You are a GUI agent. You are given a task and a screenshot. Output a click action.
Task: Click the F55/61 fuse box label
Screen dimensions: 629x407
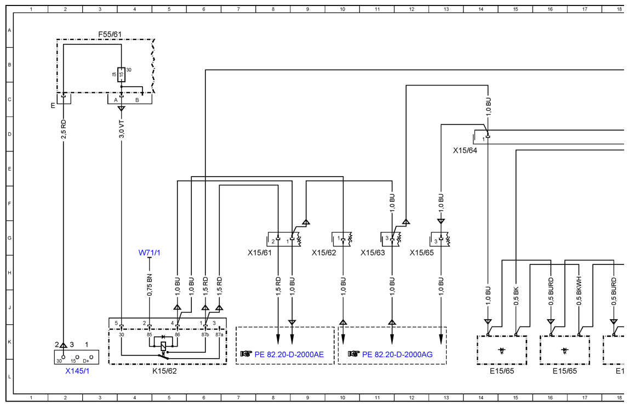point(110,35)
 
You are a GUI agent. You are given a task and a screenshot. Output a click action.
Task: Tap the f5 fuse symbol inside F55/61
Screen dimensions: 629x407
point(121,75)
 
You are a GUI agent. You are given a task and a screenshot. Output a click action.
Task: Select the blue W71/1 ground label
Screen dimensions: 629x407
point(149,253)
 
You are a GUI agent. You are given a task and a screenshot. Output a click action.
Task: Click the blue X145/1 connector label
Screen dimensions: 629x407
point(77,371)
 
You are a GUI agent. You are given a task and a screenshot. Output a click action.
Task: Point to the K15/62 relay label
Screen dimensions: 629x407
point(164,371)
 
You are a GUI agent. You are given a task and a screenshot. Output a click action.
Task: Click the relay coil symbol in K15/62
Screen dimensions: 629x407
point(163,346)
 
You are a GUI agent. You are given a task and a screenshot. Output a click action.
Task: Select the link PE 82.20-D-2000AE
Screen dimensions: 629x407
point(289,354)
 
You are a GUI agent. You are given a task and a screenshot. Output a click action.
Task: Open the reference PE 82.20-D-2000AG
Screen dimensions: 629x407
point(397,354)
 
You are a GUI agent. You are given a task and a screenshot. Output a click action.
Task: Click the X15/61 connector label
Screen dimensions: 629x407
point(260,253)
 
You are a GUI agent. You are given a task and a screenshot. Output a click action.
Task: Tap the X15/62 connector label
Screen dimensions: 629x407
point(324,253)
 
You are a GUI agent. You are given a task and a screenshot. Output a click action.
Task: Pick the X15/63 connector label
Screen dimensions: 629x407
point(373,253)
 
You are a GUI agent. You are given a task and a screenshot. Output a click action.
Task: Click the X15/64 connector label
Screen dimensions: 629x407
point(465,151)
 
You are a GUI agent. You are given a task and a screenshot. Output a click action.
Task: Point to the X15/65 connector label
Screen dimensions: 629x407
point(421,253)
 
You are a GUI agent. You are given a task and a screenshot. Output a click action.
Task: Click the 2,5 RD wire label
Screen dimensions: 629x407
point(64,129)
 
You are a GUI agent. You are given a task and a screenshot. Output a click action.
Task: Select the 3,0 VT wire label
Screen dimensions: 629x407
point(122,129)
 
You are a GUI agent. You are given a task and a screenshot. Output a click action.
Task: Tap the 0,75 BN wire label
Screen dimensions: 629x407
point(149,285)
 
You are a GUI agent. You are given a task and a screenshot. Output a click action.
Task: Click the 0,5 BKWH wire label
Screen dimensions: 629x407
point(579,290)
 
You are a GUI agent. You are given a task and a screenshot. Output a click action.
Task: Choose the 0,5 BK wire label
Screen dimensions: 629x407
point(516,296)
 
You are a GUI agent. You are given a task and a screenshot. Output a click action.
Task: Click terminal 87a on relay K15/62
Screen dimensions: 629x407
point(219,334)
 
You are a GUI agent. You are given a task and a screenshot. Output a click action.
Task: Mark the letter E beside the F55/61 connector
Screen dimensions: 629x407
point(53,106)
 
